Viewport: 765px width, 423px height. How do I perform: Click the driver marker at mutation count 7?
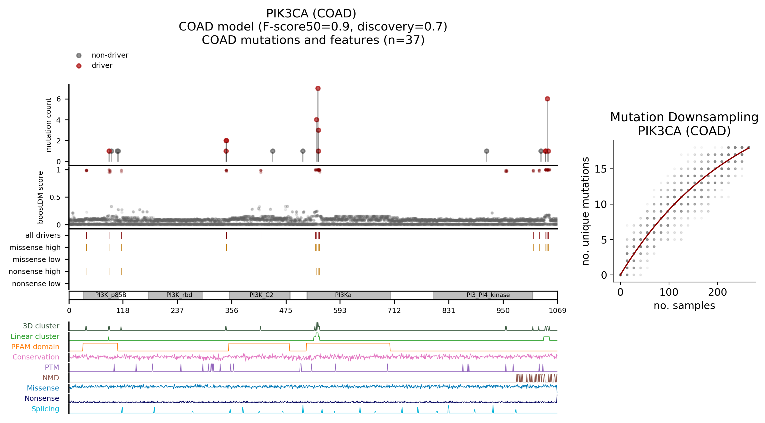[318, 89]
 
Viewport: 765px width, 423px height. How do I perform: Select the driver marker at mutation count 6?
[547, 99]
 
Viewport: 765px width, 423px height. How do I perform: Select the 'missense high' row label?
[35, 247]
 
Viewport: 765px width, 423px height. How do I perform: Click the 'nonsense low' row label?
[36, 284]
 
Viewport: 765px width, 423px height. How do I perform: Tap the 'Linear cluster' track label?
[35, 336]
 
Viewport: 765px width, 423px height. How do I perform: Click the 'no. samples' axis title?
[684, 305]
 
